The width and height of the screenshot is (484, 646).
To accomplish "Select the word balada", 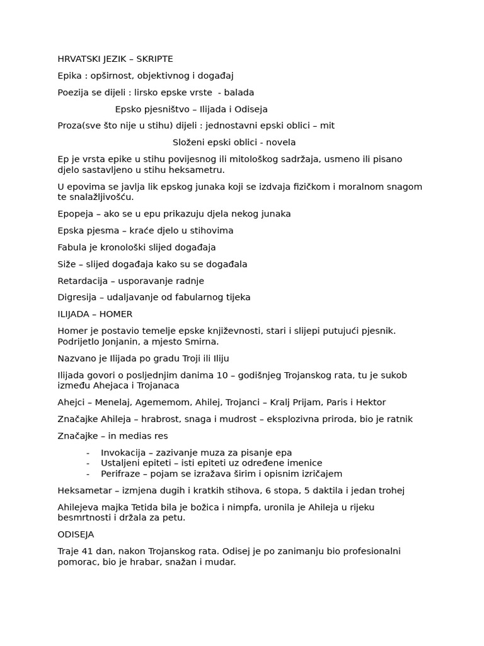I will (x=239, y=92).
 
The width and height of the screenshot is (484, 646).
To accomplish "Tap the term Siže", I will (x=66, y=264).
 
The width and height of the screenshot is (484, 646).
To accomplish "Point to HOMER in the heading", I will (x=117, y=314).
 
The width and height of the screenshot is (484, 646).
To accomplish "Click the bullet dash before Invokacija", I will (x=88, y=452).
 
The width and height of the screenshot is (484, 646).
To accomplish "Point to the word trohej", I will (x=390, y=490).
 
